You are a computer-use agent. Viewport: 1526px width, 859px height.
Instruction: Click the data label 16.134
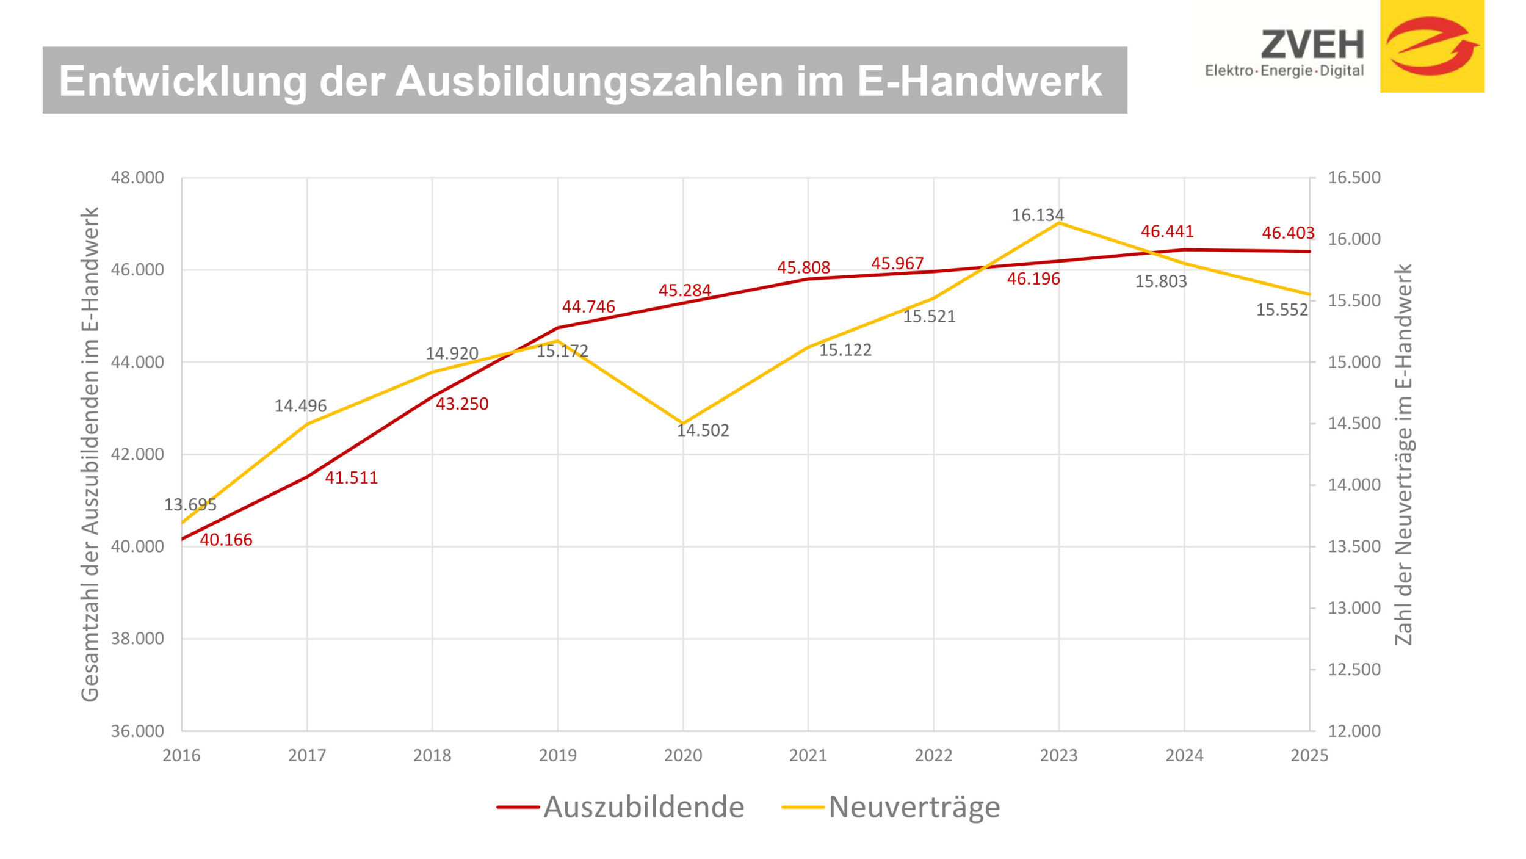(x=1037, y=215)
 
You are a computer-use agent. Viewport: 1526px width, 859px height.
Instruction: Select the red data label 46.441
(x=1166, y=231)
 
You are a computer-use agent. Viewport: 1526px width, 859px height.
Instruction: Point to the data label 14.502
(x=703, y=430)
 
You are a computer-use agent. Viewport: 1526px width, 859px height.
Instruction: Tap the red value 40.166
(x=226, y=540)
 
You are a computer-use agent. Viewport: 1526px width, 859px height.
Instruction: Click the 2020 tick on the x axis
(x=682, y=755)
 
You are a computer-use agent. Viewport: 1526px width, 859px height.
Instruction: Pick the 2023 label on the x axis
(x=1058, y=755)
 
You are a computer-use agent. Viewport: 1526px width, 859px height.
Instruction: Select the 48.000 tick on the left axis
(x=137, y=178)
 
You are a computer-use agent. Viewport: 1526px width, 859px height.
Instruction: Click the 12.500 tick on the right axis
(x=1354, y=669)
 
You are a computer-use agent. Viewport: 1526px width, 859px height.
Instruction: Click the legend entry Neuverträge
(x=914, y=807)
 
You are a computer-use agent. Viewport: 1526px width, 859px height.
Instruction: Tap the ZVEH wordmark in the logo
(x=1312, y=45)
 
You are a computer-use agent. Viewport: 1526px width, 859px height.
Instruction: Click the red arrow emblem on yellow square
(x=1431, y=46)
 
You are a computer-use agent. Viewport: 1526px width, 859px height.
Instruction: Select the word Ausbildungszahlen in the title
(x=589, y=81)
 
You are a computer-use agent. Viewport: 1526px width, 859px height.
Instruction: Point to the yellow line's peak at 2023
(x=1058, y=223)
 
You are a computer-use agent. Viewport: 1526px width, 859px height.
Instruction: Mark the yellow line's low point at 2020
(x=682, y=423)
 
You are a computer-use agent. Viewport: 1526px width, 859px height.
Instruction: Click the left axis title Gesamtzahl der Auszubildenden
(x=90, y=454)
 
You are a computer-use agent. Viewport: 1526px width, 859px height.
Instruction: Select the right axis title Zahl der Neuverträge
(x=1403, y=454)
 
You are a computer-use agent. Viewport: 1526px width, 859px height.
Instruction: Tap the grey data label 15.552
(x=1281, y=310)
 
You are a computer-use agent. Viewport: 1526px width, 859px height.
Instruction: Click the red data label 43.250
(x=461, y=404)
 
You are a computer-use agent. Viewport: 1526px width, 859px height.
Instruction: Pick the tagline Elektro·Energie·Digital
(x=1284, y=71)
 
